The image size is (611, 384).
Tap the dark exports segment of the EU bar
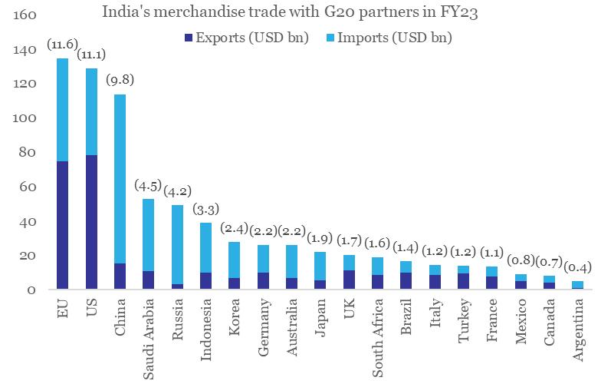tap(62, 226)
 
